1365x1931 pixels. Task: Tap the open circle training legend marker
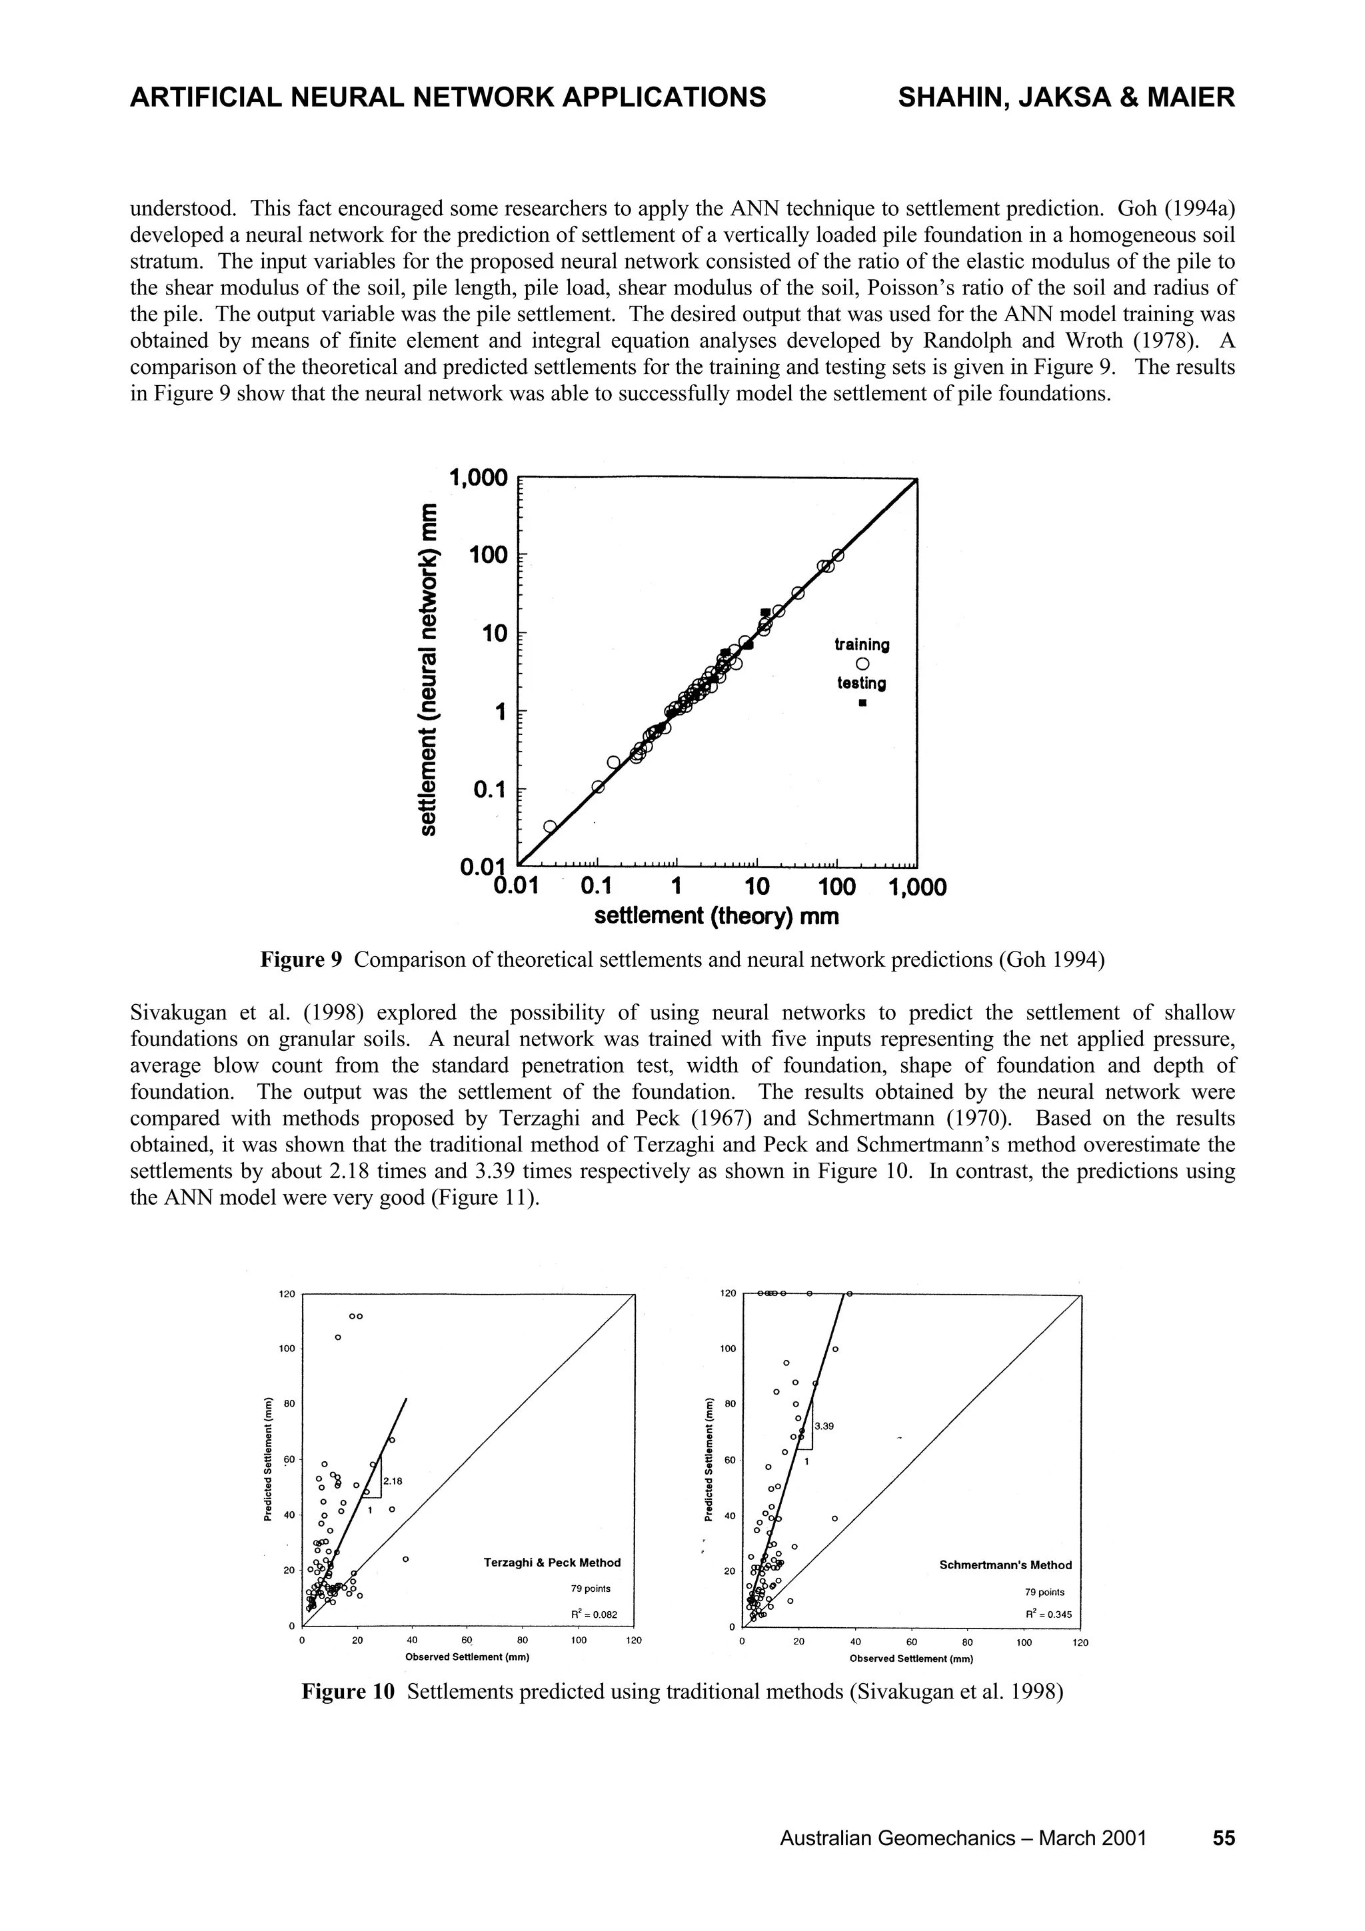tap(862, 664)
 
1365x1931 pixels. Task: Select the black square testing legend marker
tap(862, 703)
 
